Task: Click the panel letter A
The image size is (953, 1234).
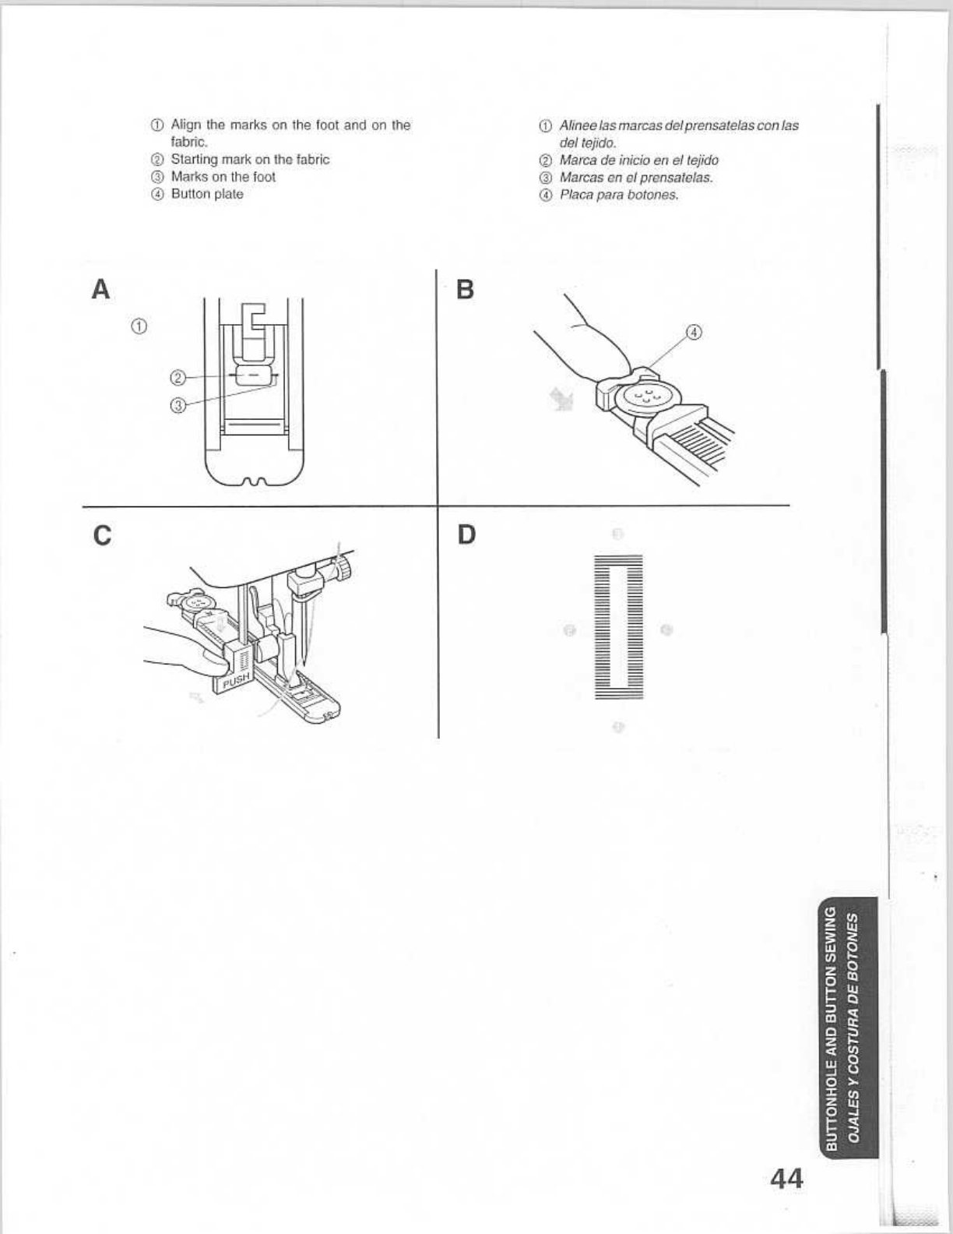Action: (x=100, y=289)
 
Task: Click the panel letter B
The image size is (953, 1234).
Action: (x=465, y=289)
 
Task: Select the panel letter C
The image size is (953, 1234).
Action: (x=101, y=536)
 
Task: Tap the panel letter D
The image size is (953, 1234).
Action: (x=466, y=535)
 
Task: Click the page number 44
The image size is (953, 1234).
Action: (x=786, y=1178)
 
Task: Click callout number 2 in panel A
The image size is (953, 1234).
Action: (x=177, y=378)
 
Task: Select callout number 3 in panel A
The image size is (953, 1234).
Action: (x=178, y=405)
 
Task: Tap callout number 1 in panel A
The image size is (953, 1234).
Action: (x=139, y=326)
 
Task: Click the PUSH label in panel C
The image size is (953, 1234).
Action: (x=236, y=680)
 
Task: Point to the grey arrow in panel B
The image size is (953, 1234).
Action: (x=561, y=400)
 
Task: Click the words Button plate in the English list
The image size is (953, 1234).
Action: (x=207, y=194)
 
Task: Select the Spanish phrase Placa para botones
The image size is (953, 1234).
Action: (x=619, y=195)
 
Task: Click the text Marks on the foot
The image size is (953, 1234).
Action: (x=223, y=177)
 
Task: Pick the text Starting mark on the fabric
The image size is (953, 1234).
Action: (x=250, y=160)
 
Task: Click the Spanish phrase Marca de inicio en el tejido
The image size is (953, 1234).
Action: (x=638, y=160)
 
